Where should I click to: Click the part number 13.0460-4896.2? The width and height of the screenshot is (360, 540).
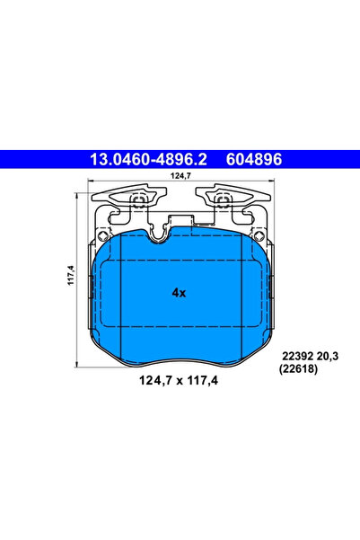148,159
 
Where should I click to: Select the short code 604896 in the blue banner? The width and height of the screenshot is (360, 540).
254,159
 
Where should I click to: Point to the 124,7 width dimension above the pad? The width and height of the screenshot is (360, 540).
180,175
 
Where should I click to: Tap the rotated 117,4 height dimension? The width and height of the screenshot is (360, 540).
71,275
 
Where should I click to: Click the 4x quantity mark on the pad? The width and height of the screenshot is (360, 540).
179,293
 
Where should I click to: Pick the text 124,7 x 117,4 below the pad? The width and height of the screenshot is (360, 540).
179,381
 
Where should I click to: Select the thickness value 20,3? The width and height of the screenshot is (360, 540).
328,356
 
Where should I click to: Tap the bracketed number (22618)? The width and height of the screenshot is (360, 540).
298,369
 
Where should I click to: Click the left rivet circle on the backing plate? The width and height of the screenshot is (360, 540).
102,235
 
